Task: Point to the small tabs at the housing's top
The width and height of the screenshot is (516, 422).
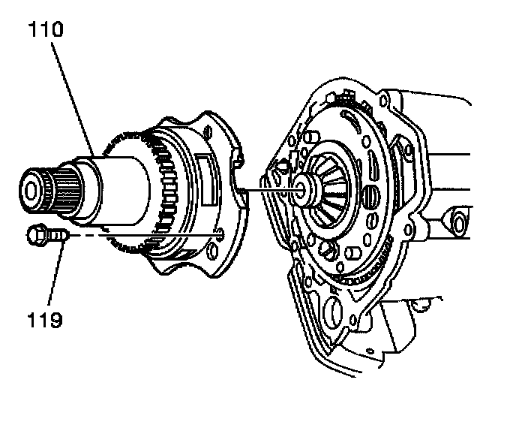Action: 346,96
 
